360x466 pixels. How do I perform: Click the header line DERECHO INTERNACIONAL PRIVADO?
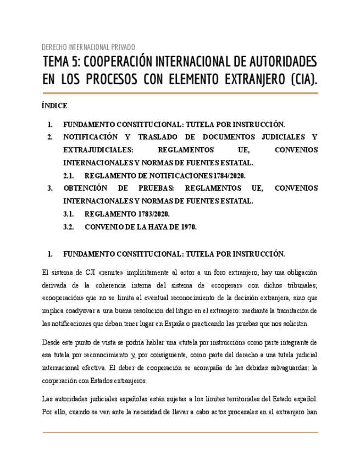tap(88, 47)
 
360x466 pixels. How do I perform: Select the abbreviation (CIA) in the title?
tap(303, 80)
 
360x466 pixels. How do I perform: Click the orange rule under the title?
tap(180, 93)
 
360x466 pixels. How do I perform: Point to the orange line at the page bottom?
tap(180, 432)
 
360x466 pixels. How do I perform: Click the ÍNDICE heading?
tap(54, 106)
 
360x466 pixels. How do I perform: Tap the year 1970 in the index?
tap(188, 227)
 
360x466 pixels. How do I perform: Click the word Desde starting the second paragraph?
tap(52, 342)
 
